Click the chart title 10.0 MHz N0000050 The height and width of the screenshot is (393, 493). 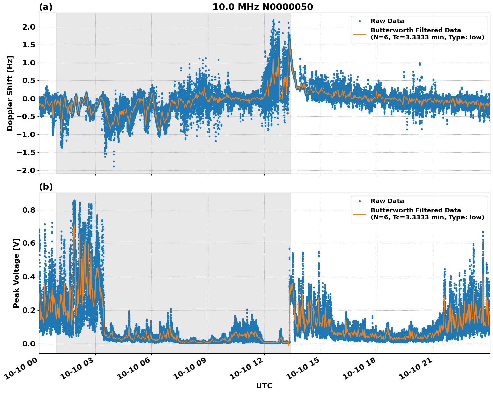point(262,7)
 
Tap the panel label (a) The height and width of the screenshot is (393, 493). point(46,7)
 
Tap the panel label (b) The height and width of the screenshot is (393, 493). point(46,187)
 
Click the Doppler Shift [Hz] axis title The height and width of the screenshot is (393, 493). point(10,93)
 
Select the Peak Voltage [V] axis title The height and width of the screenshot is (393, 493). point(16,273)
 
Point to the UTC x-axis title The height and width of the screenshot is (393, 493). point(264,386)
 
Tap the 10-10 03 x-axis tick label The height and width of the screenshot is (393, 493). point(78,371)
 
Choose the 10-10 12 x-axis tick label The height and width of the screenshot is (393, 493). point(248,371)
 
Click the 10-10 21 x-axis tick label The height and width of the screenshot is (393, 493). point(417,371)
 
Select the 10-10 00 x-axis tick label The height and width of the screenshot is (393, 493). point(22,371)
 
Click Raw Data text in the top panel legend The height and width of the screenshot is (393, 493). point(387,21)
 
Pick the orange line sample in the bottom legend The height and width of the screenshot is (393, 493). point(359,214)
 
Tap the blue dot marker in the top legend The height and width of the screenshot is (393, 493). point(359,21)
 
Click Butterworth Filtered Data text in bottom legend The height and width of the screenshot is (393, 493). point(416,210)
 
